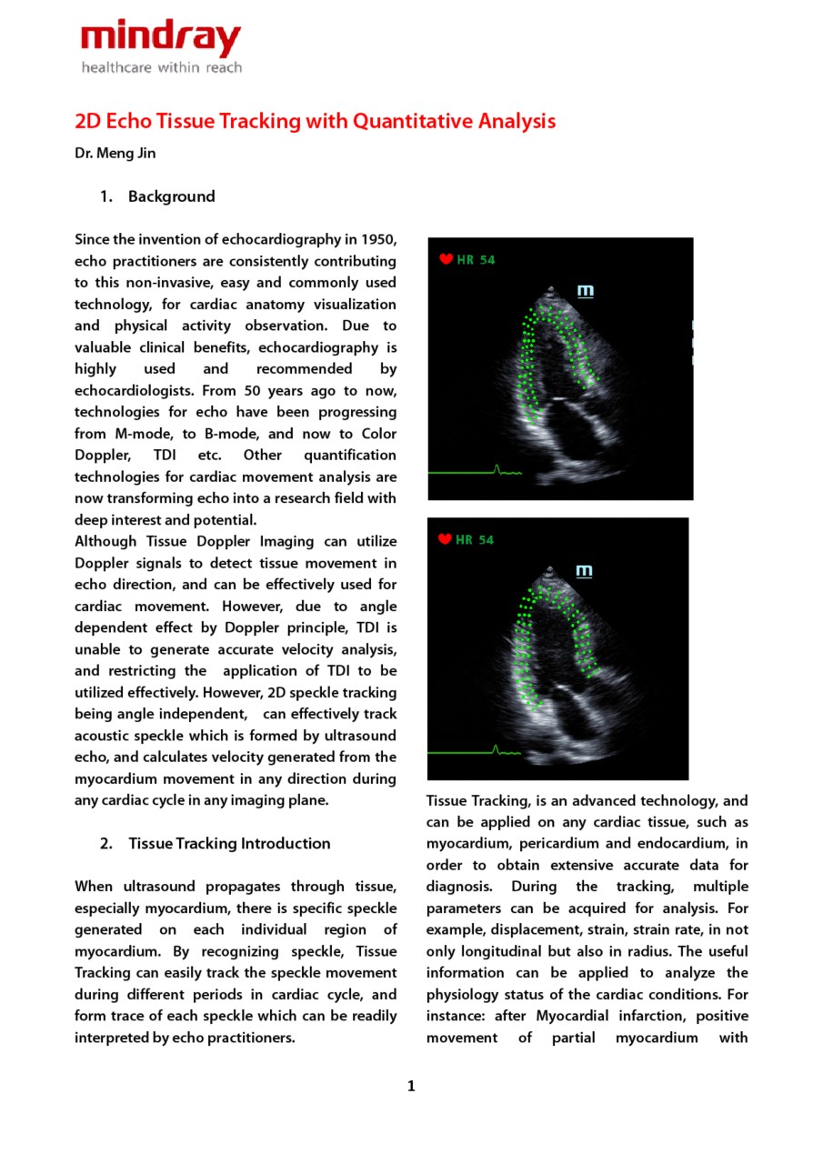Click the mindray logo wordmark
[161, 39]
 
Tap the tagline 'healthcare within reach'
[161, 67]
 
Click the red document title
[315, 121]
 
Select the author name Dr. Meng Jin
[115, 153]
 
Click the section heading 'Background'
[171, 196]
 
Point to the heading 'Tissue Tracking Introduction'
[229, 843]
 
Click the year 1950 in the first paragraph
[378, 239]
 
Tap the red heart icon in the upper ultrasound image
[446, 259]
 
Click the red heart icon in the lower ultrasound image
[446, 539]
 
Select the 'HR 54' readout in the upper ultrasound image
[476, 260]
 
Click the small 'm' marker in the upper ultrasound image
[586, 291]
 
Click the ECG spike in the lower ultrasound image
[497, 749]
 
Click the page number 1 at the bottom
[411, 1086]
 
